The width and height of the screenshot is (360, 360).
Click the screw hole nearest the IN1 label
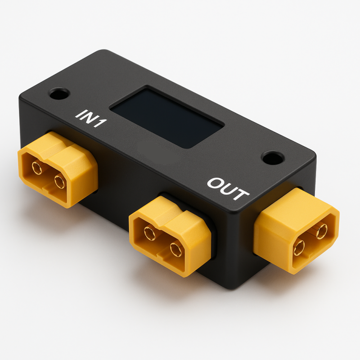pyautogui.click(x=59, y=94)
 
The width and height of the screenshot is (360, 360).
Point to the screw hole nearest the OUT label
pyautogui.click(x=273, y=158)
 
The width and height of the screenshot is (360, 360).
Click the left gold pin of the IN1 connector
pyautogui.click(x=37, y=168)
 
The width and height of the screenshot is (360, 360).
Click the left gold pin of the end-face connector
pyautogui.click(x=298, y=247)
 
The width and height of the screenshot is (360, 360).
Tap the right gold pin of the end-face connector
pyautogui.click(x=321, y=231)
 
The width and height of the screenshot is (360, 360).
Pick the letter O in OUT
pyautogui.click(x=214, y=183)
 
